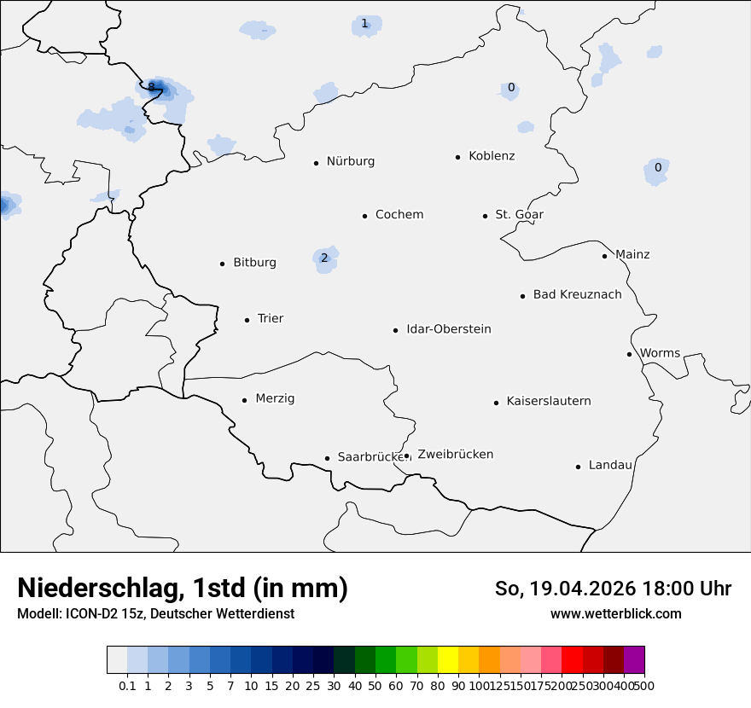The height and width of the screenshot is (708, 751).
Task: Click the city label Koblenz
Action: point(492,156)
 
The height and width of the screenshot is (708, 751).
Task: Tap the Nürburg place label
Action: point(350,161)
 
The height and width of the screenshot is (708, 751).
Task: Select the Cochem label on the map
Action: point(399,215)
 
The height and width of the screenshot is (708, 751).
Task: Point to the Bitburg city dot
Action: point(222,264)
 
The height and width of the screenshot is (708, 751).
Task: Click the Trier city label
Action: point(270,319)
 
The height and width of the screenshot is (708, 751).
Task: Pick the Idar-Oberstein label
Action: point(448,329)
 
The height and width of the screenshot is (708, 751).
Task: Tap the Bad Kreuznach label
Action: point(577,295)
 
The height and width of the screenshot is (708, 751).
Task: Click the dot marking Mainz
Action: point(604,256)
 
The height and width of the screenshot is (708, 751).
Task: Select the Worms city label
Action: point(660,353)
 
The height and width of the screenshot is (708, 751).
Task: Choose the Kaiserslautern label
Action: point(548,402)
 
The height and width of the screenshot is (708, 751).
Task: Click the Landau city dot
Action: point(578,467)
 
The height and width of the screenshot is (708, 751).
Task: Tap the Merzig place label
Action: point(275,399)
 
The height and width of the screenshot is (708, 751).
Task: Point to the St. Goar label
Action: point(519,215)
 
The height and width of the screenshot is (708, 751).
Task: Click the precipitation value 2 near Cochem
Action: point(324,258)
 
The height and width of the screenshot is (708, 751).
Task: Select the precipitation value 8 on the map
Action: point(151,86)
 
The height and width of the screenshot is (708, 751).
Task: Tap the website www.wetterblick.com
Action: point(615,614)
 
